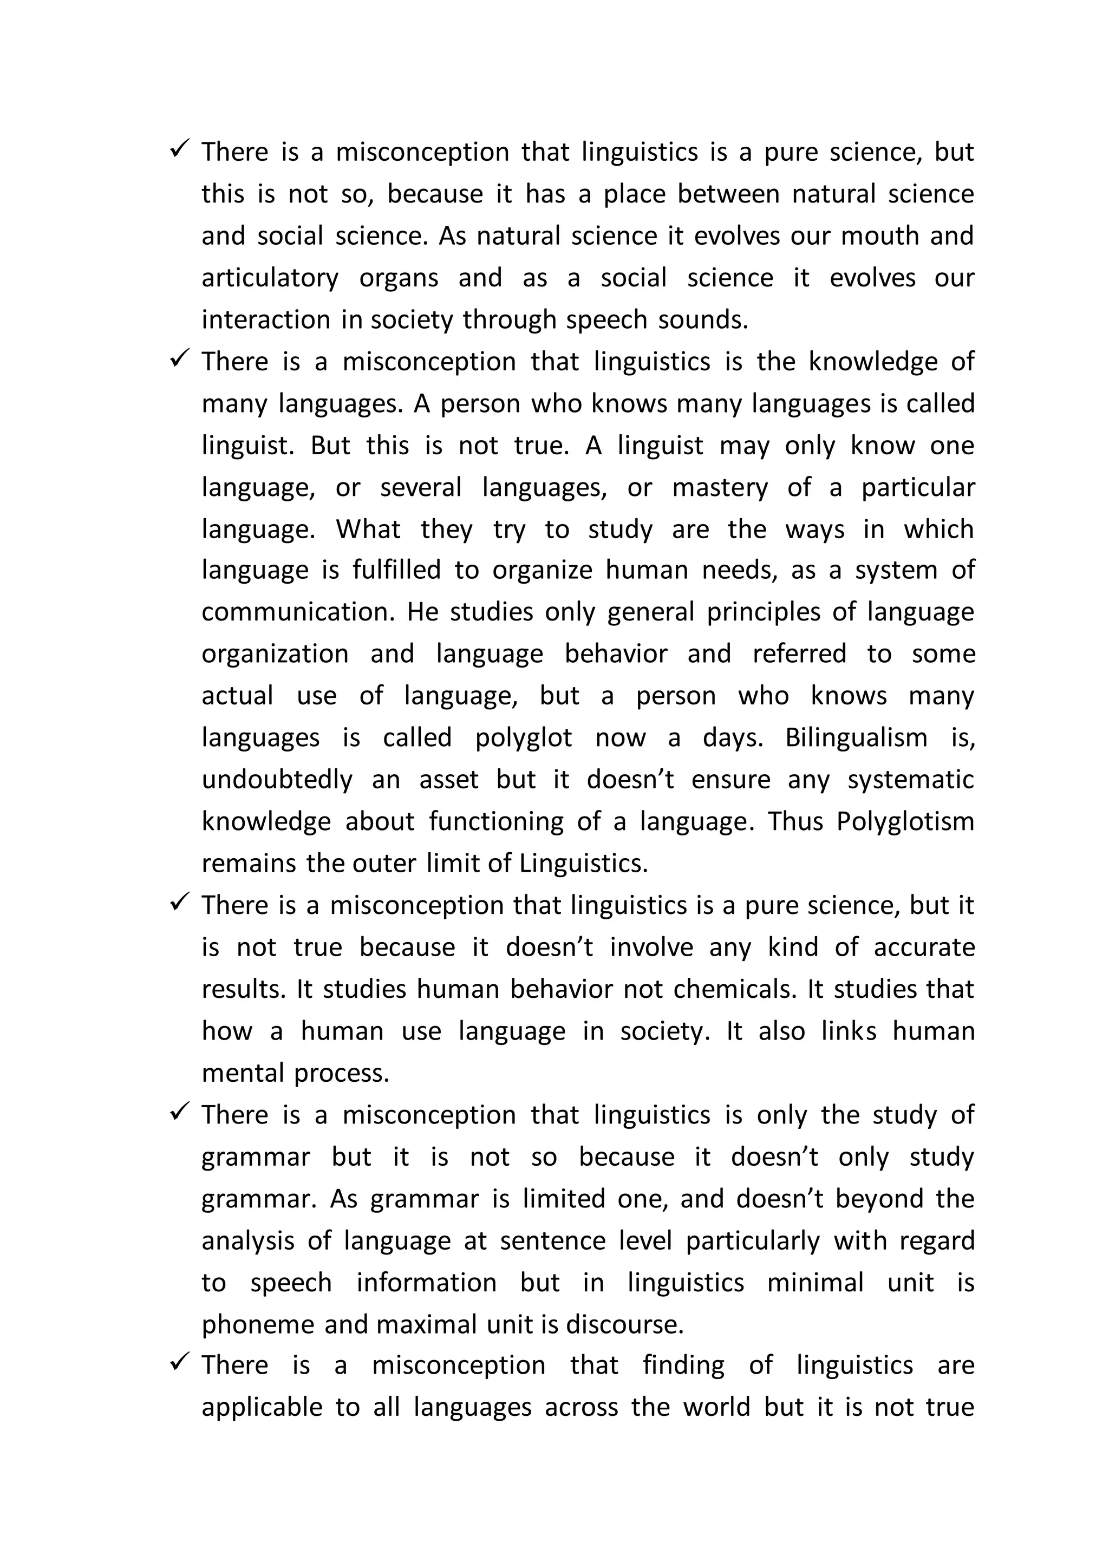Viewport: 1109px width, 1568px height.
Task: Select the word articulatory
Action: click(x=270, y=278)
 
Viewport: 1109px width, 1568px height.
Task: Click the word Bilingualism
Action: click(x=856, y=737)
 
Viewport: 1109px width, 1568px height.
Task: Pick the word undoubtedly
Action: click(x=277, y=779)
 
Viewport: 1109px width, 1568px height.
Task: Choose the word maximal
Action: click(x=426, y=1324)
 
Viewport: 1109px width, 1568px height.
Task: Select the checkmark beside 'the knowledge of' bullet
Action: click(x=180, y=358)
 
